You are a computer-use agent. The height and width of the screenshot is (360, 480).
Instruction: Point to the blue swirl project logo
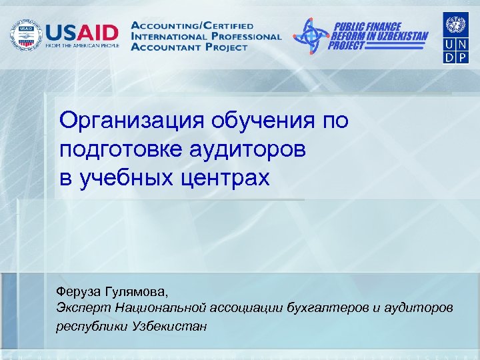click(311, 35)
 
